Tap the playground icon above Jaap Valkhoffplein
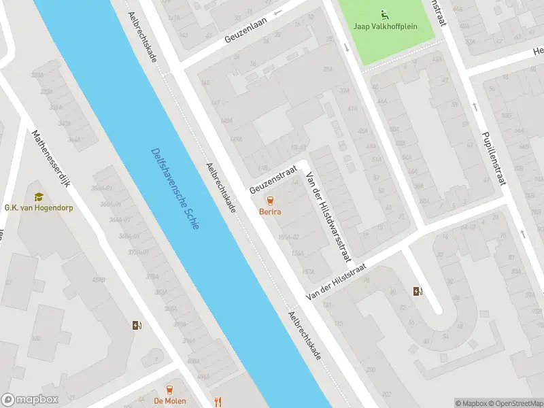pos(386,14)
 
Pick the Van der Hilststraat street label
pos(337,282)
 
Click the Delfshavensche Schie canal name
pos(175,188)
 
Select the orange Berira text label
pos(271,211)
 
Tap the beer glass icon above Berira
pos(271,201)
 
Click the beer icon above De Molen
pos(169,389)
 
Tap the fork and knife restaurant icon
pos(218,401)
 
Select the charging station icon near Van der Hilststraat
pos(418,292)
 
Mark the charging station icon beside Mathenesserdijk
pos(137,325)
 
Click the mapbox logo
pos(30,400)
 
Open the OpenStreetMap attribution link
pos(515,403)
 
